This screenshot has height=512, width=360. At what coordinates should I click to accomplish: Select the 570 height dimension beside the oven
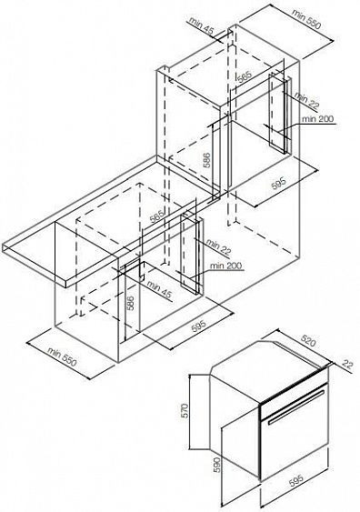185,410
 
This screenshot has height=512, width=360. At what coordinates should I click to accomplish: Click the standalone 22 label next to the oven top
347,364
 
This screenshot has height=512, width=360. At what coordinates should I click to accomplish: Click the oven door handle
297,407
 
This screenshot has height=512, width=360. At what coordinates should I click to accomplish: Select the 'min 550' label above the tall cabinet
306,18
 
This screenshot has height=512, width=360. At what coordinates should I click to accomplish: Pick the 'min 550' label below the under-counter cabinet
63,356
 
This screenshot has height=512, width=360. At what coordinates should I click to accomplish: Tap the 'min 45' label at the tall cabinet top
201,26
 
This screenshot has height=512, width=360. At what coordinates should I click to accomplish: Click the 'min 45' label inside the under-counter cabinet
159,288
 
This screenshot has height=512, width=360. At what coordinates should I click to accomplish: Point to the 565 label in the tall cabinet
245,77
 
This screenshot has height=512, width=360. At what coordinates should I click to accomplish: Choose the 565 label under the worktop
156,216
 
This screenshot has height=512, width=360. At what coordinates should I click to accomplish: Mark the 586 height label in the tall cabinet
206,160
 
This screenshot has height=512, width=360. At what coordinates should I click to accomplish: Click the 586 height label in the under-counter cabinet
130,304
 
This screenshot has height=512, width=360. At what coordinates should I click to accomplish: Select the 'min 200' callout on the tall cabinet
317,118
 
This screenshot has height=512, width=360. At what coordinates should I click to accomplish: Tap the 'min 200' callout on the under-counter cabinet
225,266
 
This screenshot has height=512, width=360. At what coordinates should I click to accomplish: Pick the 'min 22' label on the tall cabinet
306,100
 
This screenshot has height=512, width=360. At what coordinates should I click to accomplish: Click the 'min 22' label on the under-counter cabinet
218,246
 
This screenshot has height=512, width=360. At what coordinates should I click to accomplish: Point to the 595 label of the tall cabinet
278,183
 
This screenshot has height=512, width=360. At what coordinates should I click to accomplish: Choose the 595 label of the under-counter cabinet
199,326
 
